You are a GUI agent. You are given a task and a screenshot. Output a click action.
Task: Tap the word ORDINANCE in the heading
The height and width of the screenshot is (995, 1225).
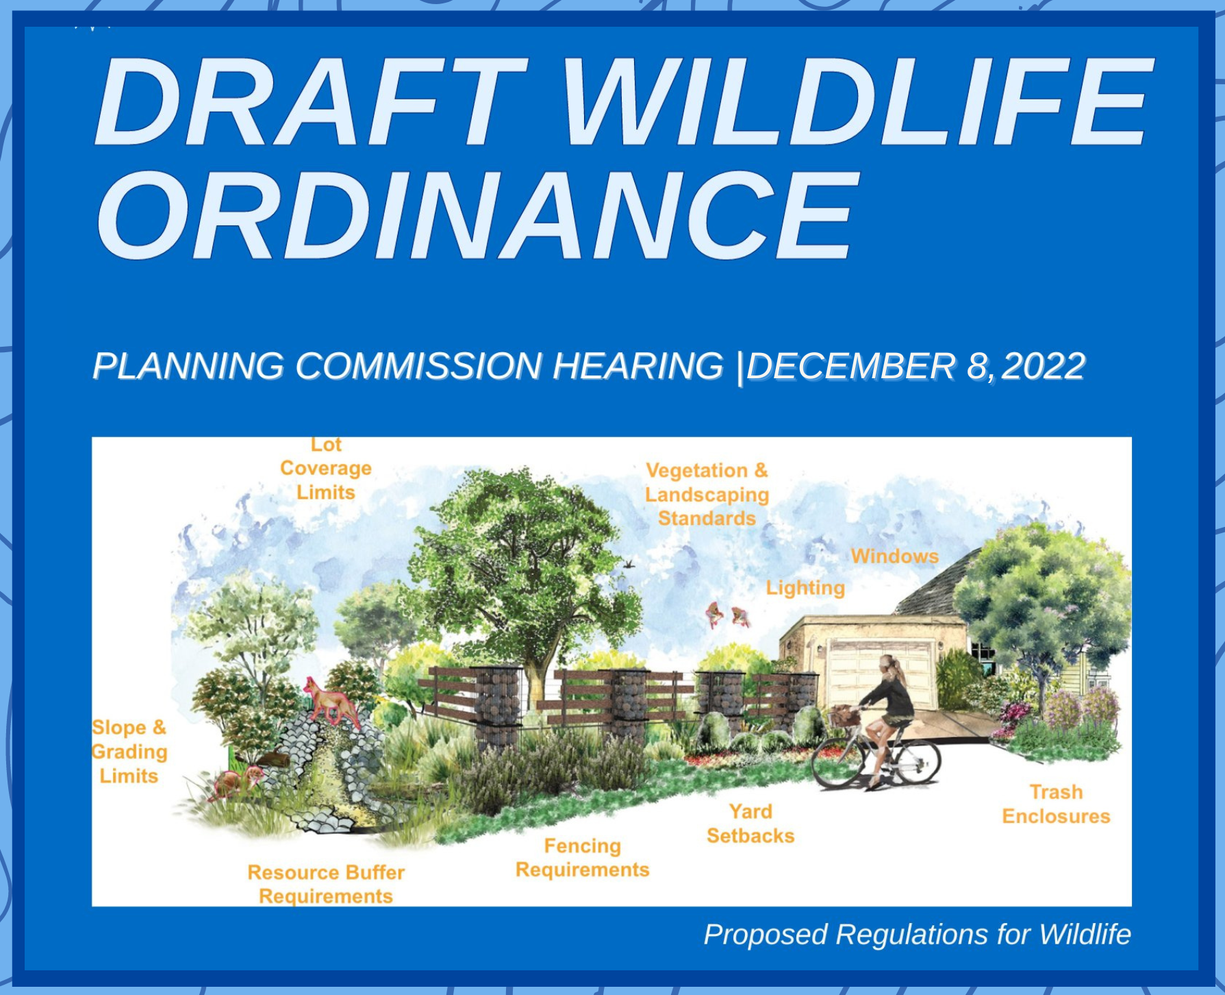(477, 215)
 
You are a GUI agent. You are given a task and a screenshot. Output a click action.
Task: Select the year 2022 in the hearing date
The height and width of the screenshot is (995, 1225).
(1043, 366)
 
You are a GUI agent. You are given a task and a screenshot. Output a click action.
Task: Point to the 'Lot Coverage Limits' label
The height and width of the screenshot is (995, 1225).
(326, 469)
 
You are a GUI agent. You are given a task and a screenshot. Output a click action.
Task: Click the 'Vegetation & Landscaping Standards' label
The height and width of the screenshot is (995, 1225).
(707, 494)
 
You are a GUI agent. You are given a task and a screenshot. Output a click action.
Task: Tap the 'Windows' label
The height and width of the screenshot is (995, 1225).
(894, 556)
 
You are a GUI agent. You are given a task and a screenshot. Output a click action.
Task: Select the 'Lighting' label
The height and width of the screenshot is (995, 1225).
(805, 588)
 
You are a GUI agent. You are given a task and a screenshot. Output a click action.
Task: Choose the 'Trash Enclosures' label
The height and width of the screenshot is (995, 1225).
(1056, 804)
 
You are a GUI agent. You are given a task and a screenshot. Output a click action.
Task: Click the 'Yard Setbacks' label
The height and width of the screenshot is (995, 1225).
(750, 823)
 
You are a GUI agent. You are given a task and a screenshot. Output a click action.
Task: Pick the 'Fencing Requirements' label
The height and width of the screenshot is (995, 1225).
(582, 857)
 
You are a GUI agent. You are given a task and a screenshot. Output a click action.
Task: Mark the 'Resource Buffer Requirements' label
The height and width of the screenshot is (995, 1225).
(326, 884)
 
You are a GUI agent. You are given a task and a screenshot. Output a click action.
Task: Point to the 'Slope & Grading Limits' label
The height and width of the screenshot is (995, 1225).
(129, 751)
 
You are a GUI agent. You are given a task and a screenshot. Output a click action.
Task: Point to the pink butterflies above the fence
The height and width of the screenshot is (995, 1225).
(727, 615)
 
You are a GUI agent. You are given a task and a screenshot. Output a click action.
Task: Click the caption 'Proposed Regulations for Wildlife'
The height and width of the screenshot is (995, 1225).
(917, 935)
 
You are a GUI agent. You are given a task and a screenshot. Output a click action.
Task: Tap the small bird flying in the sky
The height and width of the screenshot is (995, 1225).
(629, 565)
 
